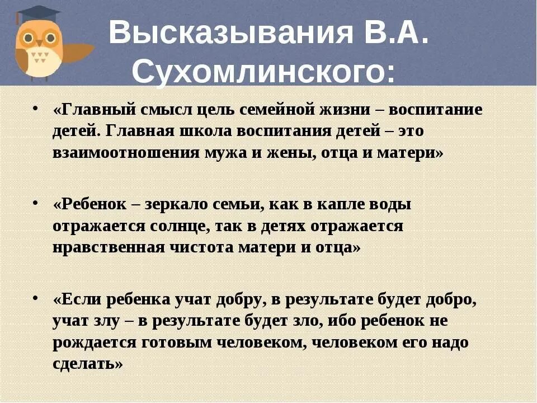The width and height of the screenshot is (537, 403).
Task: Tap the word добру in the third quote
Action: coord(242,299)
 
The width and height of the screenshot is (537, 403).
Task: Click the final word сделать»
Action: coord(88,364)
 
